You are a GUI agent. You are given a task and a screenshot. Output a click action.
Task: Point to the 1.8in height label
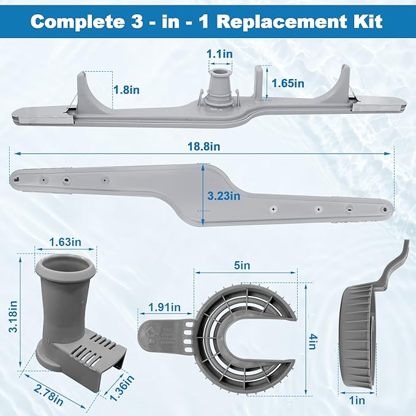[127, 89]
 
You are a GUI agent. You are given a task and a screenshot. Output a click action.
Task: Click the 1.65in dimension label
[289, 83]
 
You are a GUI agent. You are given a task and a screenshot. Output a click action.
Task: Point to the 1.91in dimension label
[164, 306]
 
